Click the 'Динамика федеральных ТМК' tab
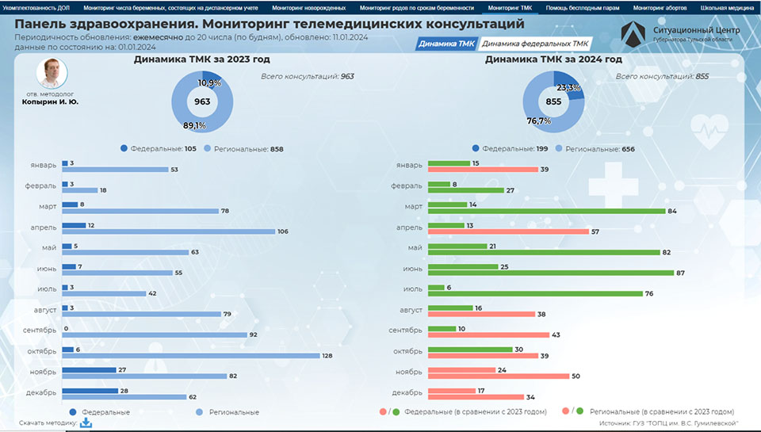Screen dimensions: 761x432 tap(535, 44)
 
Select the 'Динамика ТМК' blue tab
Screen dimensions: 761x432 tap(446, 44)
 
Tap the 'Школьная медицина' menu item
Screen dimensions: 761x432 tap(727, 8)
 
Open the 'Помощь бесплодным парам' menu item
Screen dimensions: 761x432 tap(583, 8)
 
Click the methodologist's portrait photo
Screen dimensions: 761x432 tap(52, 73)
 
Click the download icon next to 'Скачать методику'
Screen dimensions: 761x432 tap(86, 422)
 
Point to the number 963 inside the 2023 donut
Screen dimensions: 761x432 tap(202, 101)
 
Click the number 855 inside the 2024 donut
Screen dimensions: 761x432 tap(553, 101)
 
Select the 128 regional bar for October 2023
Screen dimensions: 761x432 tap(191, 356)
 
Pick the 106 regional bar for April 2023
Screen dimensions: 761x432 tap(169, 231)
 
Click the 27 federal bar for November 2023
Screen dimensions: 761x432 tap(90, 370)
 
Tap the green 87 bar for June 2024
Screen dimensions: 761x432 tap(551, 273)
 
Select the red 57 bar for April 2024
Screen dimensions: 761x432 tap(508, 231)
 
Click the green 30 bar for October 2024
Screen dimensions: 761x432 tap(470, 350)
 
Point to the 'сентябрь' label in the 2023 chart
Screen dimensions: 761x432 tap(40, 331)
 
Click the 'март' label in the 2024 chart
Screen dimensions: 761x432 tap(414, 206)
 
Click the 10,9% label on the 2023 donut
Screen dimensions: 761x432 tap(209, 83)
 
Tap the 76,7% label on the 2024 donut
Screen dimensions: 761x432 tap(539, 120)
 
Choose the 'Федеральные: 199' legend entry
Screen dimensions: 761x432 tap(510, 148)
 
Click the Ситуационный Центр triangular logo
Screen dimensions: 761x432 tap(633, 34)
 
